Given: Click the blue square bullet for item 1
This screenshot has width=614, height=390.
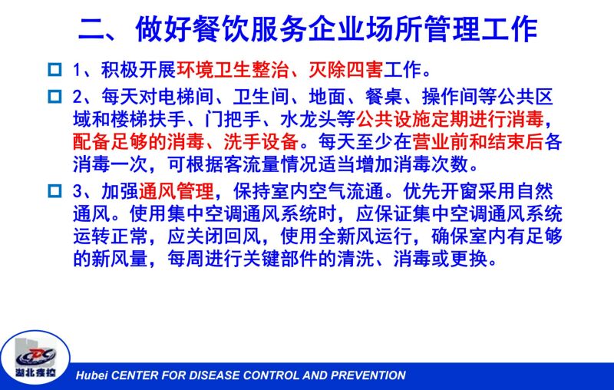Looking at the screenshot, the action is (x=54, y=70).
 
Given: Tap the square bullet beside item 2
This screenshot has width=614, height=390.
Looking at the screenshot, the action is (x=54, y=96).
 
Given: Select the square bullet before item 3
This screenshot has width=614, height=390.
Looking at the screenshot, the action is (x=54, y=191).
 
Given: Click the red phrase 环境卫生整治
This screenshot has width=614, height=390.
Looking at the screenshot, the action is (x=233, y=70).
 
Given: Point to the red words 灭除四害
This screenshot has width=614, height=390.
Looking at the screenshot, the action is (x=346, y=70).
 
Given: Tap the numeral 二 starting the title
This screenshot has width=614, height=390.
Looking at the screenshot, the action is (x=92, y=29).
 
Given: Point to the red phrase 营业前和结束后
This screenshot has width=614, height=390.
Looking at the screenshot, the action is (x=477, y=142).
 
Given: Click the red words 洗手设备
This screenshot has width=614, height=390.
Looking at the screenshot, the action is (x=261, y=142).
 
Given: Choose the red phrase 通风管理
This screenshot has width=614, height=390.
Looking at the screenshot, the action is (x=177, y=191).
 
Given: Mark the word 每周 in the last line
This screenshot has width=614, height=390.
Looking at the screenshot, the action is (x=186, y=259).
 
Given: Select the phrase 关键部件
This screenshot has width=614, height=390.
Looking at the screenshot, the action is (x=280, y=259).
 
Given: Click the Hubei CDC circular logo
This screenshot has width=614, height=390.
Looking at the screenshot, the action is (x=35, y=359).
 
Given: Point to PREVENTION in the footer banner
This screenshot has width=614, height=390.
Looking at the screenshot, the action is (x=368, y=375).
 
